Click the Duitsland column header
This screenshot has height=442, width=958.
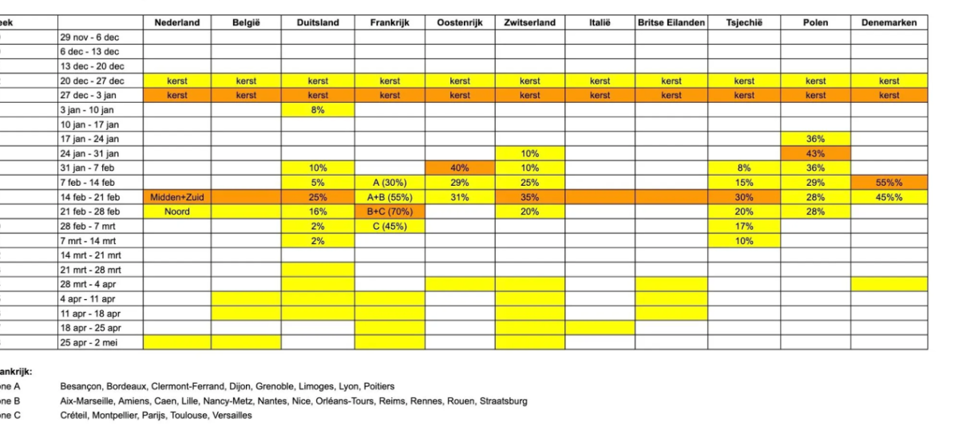[x=317, y=22]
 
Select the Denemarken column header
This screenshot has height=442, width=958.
[x=889, y=22]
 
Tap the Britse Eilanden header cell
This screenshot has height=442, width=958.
[x=671, y=22]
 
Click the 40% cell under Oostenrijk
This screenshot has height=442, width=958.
[x=459, y=168]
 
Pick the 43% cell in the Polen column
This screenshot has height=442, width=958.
[x=815, y=153]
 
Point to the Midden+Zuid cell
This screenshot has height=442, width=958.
[x=177, y=197]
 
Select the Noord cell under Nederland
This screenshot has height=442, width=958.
[x=177, y=211]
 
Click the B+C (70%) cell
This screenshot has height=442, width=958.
[x=390, y=211]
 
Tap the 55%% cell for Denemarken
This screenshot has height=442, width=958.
[x=889, y=183]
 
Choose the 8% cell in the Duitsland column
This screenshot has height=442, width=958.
[x=317, y=110]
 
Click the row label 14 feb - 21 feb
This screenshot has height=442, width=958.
[x=90, y=197]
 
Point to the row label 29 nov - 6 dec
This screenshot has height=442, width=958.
[x=90, y=37]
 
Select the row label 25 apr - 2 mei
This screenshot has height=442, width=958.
[x=90, y=342]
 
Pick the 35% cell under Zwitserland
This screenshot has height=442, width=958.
[x=529, y=197]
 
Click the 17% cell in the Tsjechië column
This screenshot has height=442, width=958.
[x=744, y=226]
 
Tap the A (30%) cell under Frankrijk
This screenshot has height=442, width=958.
[x=390, y=183]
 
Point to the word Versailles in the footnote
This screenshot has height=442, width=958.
[x=232, y=415]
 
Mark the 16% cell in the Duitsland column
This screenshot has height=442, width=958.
[x=317, y=211]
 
